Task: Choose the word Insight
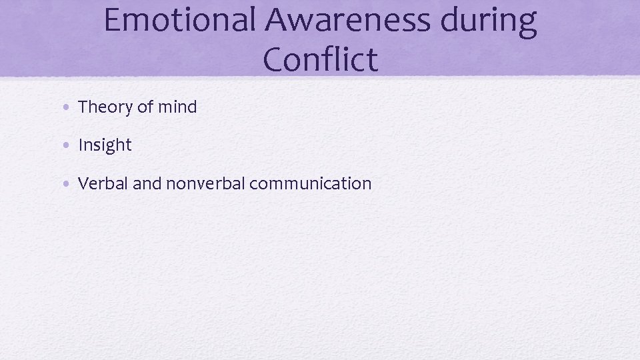click(x=105, y=145)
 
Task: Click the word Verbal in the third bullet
click(x=103, y=183)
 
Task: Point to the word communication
click(x=310, y=183)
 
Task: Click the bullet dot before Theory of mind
click(x=70, y=107)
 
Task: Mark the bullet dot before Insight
click(x=70, y=145)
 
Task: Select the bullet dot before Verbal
click(x=70, y=183)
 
